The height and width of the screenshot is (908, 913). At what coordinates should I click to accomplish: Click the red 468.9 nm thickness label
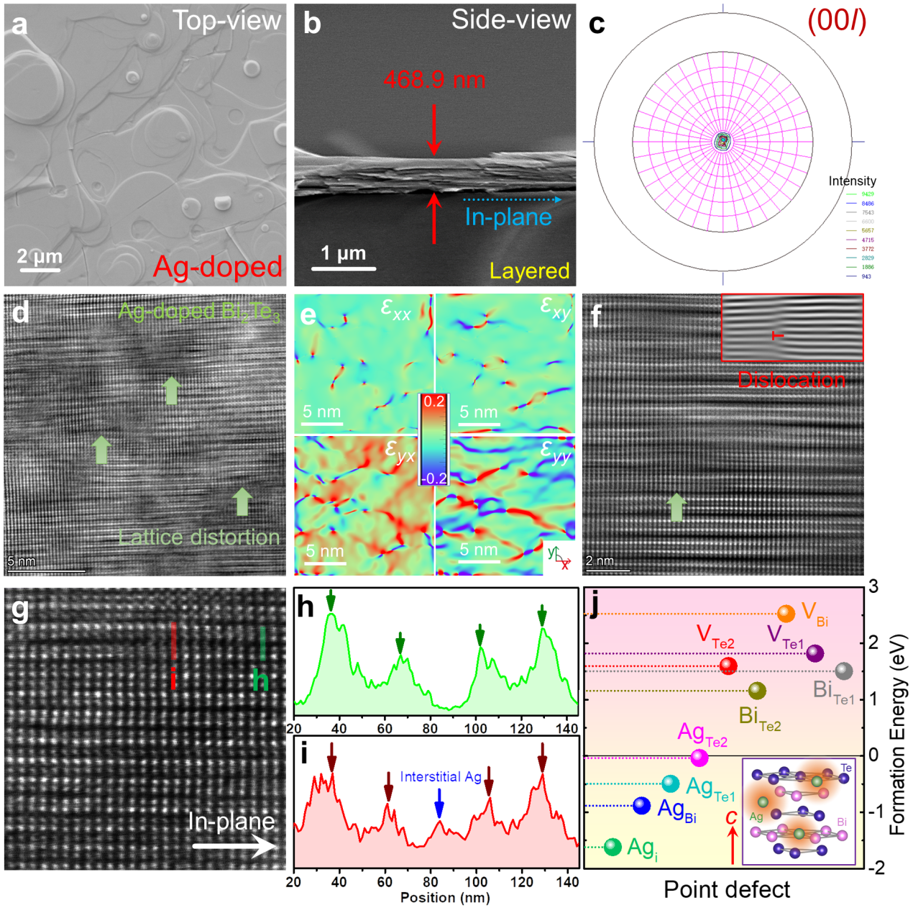tap(434, 79)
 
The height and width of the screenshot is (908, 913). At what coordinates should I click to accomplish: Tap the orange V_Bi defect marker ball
tap(786, 614)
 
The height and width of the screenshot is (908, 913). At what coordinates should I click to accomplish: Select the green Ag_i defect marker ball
tap(613, 847)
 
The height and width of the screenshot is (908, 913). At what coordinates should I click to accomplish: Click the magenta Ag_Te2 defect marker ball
tap(699, 757)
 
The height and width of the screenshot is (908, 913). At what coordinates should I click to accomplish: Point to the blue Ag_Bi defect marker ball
tap(641, 806)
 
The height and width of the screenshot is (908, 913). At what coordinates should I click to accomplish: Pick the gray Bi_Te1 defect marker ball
tap(844, 671)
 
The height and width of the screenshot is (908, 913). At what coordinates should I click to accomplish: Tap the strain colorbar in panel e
tap(433, 439)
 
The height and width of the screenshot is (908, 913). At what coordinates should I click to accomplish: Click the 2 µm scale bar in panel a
tap(40, 270)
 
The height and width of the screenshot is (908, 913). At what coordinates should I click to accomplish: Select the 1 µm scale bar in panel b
tap(344, 268)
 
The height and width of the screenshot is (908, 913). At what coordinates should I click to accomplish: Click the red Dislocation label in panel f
tap(792, 380)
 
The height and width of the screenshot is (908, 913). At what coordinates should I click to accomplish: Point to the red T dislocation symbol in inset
tap(776, 335)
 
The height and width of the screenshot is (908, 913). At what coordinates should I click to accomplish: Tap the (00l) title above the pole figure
tap(837, 20)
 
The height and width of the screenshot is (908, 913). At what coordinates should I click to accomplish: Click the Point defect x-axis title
tap(726, 890)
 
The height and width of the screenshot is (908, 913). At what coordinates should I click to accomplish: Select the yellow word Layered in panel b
tap(529, 271)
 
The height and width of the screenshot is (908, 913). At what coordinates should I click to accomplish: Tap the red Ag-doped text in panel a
tap(218, 267)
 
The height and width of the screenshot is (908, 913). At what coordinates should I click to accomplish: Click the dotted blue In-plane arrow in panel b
tap(512, 199)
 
